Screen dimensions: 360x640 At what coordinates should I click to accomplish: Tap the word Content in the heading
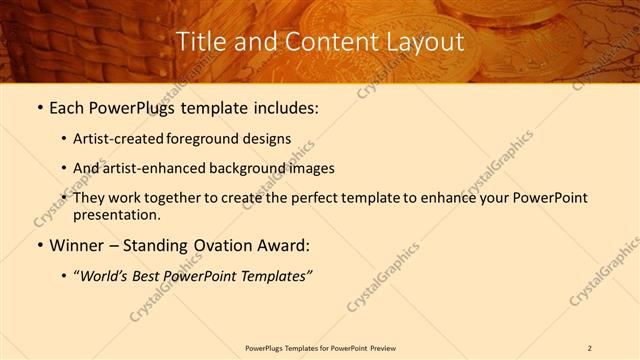point(325,42)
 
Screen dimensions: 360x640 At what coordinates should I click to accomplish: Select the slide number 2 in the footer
point(589,348)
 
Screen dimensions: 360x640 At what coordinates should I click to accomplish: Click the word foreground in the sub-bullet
point(209,139)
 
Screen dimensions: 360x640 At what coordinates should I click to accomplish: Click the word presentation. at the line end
point(118,214)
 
